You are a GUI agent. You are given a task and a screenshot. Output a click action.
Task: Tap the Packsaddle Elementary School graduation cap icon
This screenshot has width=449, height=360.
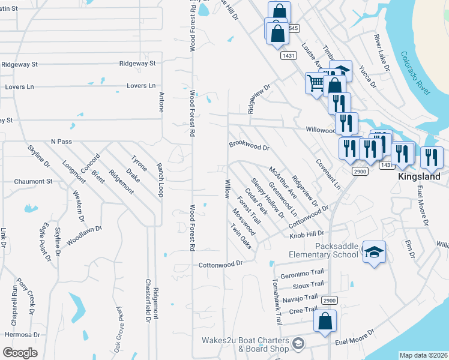(374, 252)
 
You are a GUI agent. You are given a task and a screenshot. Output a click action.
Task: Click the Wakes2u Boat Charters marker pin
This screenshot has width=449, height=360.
(298, 344)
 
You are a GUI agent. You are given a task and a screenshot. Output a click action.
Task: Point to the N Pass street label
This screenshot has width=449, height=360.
(61, 141)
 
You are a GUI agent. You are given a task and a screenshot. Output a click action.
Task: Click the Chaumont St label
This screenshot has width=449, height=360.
(34, 181)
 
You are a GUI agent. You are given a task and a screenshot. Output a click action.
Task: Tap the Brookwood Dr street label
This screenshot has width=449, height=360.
(249, 146)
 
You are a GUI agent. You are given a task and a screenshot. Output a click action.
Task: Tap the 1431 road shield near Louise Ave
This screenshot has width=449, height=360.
(288, 55)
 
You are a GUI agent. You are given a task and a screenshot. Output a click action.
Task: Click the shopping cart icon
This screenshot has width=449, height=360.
(315, 83)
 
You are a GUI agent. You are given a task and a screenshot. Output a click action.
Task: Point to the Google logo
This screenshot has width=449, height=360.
(20, 352)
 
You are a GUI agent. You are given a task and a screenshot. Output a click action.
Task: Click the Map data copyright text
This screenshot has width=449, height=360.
(424, 355)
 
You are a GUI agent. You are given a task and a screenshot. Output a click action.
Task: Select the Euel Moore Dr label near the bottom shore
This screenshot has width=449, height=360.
(355, 336)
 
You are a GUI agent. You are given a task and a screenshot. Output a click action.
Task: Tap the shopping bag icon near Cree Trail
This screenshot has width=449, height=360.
(325, 320)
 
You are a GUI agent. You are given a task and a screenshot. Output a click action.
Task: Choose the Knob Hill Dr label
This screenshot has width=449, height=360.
(307, 233)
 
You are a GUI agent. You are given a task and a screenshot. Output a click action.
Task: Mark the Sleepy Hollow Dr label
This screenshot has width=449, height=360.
(268, 198)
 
